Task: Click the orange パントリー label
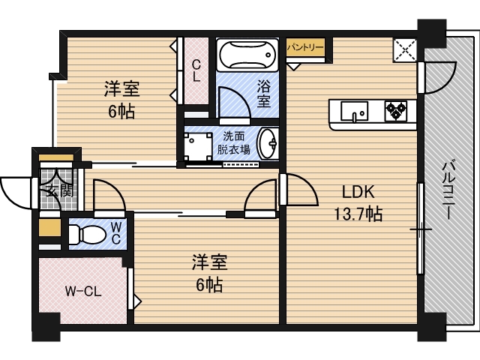click(x=305, y=46)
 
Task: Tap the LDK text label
click(x=358, y=191)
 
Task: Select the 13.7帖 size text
click(x=358, y=214)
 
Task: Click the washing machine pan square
click(x=199, y=145)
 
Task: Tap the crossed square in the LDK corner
click(x=406, y=51)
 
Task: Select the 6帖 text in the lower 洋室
click(x=206, y=285)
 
